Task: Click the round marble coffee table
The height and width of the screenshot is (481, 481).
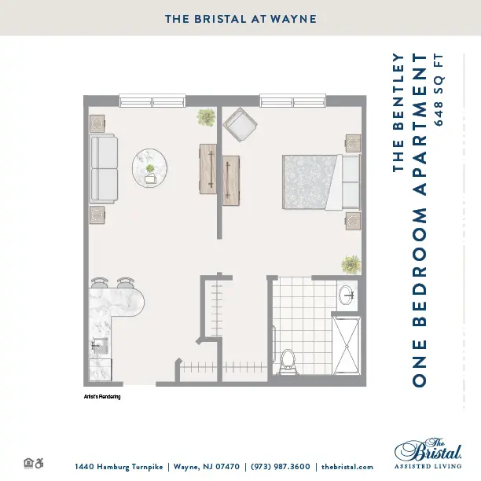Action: coord(149,168)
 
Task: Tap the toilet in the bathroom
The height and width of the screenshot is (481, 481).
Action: coord(288,362)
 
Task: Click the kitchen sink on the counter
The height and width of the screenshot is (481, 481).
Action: coord(100,346)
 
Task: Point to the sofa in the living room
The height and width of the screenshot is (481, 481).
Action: coord(104,168)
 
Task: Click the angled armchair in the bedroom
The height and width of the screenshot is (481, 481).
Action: coord(240,124)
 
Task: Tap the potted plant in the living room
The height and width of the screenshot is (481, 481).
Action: coord(206,117)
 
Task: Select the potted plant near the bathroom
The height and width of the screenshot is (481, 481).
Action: coord(351,264)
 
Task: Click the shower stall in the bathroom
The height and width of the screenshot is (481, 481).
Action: coord(346,345)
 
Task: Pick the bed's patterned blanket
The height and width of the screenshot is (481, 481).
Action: coord(309,182)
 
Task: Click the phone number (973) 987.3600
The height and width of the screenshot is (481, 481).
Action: coord(281,467)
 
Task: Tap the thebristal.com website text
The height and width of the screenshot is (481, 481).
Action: coord(347,467)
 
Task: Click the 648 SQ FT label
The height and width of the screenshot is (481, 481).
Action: coord(439,90)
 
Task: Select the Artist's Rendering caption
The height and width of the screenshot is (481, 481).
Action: coord(102,397)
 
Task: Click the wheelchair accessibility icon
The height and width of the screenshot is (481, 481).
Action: coord(39,463)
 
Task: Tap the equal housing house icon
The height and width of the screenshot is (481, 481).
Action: coord(28,463)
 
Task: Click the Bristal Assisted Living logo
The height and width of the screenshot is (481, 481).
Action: coord(428,453)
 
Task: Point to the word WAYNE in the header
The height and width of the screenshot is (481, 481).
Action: coord(293,19)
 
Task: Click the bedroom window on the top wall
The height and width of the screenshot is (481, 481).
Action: coord(292,101)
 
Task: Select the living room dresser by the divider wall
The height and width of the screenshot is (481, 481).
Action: coord(208,169)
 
